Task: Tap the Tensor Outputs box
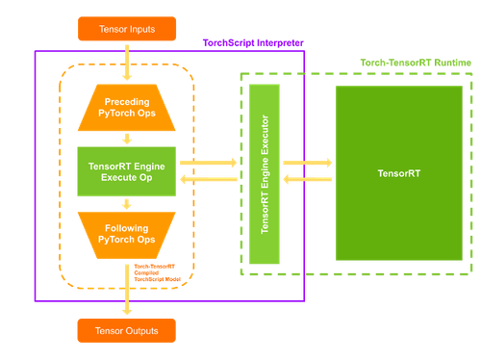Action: click(x=126, y=331)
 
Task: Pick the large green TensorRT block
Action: click(x=397, y=173)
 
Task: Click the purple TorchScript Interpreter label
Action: click(x=253, y=43)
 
